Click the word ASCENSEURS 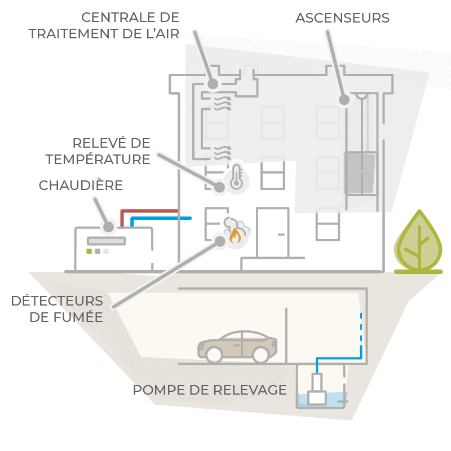[x=342, y=18]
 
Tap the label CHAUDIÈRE [x=81, y=185]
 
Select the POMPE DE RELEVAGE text [x=210, y=390]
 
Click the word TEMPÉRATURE [x=98, y=159]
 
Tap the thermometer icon [x=236, y=177]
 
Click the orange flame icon [x=235, y=235]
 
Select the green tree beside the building [x=418, y=242]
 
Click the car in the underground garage [x=237, y=347]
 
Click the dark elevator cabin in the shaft [x=361, y=174]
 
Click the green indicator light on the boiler [x=89, y=251]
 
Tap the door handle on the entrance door [x=281, y=235]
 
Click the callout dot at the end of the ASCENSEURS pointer [x=344, y=100]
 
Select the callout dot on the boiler [x=108, y=227]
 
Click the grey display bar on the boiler [x=107, y=241]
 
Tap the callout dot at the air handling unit [x=213, y=84]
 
